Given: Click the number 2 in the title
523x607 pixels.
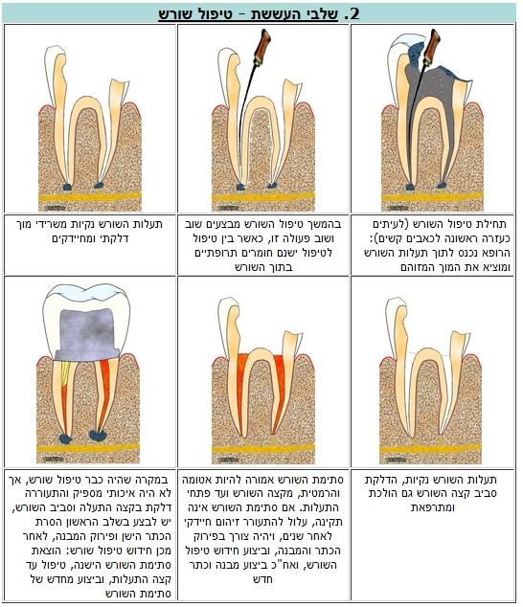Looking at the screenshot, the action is pos(352,13).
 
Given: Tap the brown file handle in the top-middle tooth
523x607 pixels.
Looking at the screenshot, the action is pos(262,47).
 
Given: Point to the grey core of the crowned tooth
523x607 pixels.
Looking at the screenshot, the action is pos(87,334).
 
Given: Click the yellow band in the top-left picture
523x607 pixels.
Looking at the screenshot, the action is pos(90,196).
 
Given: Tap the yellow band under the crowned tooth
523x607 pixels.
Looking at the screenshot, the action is pos(88,447).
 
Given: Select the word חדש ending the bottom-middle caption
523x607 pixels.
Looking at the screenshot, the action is pos(263,579).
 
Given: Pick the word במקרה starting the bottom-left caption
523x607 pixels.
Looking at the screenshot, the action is pos(155,480).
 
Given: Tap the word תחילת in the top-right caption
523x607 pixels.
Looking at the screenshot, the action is pos(492,224).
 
